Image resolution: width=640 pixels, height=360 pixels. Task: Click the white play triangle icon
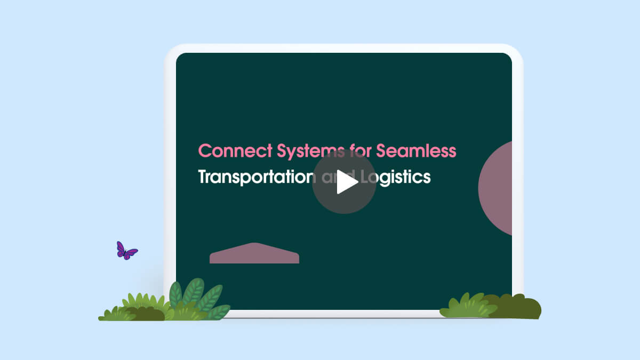tap(346, 182)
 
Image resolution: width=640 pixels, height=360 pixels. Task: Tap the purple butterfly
tap(126, 251)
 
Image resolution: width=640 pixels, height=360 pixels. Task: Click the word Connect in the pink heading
tap(235, 150)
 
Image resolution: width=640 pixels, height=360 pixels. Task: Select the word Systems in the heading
tap(311, 151)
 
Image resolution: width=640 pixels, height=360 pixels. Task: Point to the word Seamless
tap(416, 150)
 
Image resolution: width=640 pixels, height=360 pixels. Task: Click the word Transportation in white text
tap(257, 178)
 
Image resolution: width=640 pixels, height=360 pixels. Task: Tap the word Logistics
tap(396, 178)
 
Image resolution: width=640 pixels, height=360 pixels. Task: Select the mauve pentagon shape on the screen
tap(254, 253)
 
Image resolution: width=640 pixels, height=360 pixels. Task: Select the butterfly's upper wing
tap(121, 248)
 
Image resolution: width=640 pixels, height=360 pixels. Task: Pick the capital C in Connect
tap(205, 150)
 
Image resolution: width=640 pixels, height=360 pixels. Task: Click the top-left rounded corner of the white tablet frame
tap(171, 51)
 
